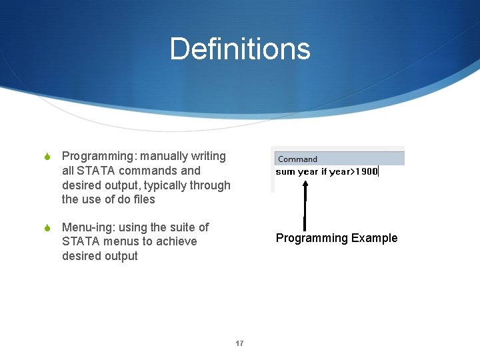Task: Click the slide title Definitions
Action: tap(240, 49)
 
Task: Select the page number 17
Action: tap(239, 344)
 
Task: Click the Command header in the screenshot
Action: tap(297, 159)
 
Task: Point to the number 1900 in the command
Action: tap(367, 171)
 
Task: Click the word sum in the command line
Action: tap(285, 172)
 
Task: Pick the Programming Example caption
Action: tap(337, 238)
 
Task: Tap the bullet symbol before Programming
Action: tap(47, 157)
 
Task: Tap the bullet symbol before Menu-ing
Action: tap(47, 229)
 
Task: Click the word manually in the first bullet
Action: tap(163, 156)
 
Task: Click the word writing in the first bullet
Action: tap(209, 156)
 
